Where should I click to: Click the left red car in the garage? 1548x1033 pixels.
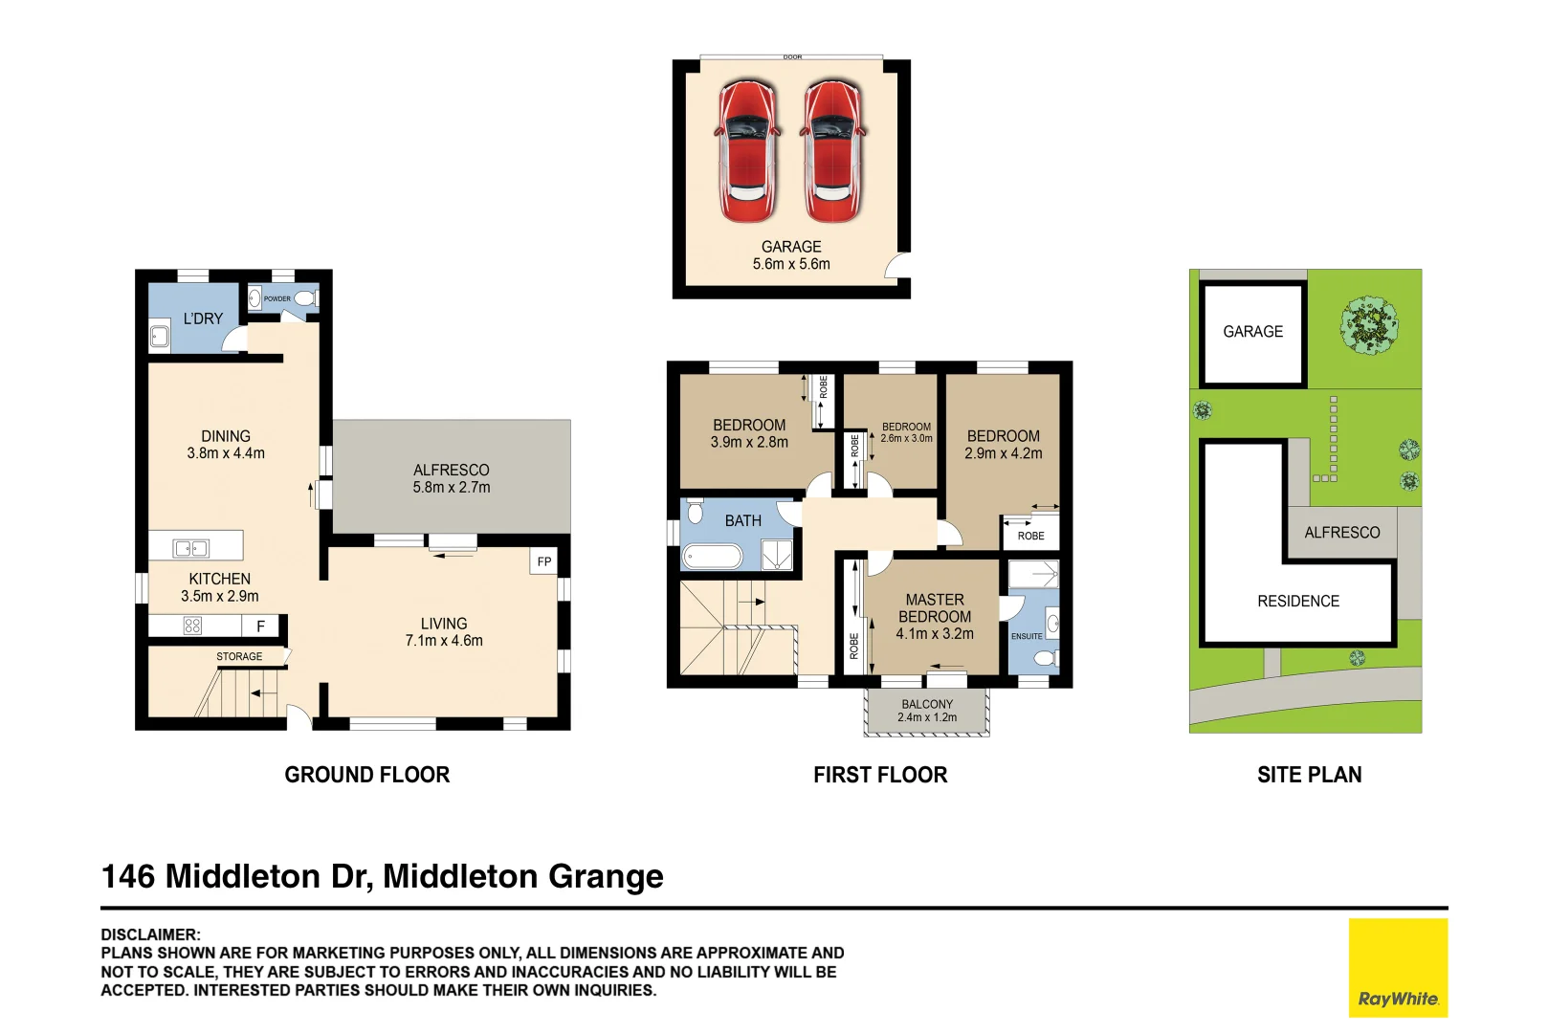(x=747, y=151)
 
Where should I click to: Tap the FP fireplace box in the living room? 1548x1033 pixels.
(x=543, y=561)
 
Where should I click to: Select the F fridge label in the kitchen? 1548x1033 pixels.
(x=260, y=626)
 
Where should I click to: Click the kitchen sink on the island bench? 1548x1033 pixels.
(x=191, y=548)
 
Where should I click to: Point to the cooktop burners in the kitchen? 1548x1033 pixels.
(x=192, y=626)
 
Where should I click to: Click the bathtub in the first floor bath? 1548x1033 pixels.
(x=712, y=557)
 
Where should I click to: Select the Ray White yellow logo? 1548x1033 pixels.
(x=1398, y=967)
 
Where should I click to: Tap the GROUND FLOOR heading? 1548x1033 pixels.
(x=366, y=775)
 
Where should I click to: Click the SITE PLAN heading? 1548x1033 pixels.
(x=1309, y=775)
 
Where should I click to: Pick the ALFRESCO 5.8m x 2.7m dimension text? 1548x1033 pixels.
(x=451, y=487)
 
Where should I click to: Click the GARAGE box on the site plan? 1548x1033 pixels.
(x=1252, y=332)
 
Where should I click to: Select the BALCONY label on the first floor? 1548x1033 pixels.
(x=926, y=704)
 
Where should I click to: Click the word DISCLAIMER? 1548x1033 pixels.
(x=150, y=934)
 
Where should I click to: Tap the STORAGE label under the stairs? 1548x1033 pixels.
(x=239, y=656)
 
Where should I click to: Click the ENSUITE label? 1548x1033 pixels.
(x=1027, y=636)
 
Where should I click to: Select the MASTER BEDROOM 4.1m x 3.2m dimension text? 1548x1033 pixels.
(x=935, y=634)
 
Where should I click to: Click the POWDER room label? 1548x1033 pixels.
(x=277, y=298)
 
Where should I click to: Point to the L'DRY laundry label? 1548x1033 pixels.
(x=203, y=319)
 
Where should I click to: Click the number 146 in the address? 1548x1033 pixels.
(x=127, y=876)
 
